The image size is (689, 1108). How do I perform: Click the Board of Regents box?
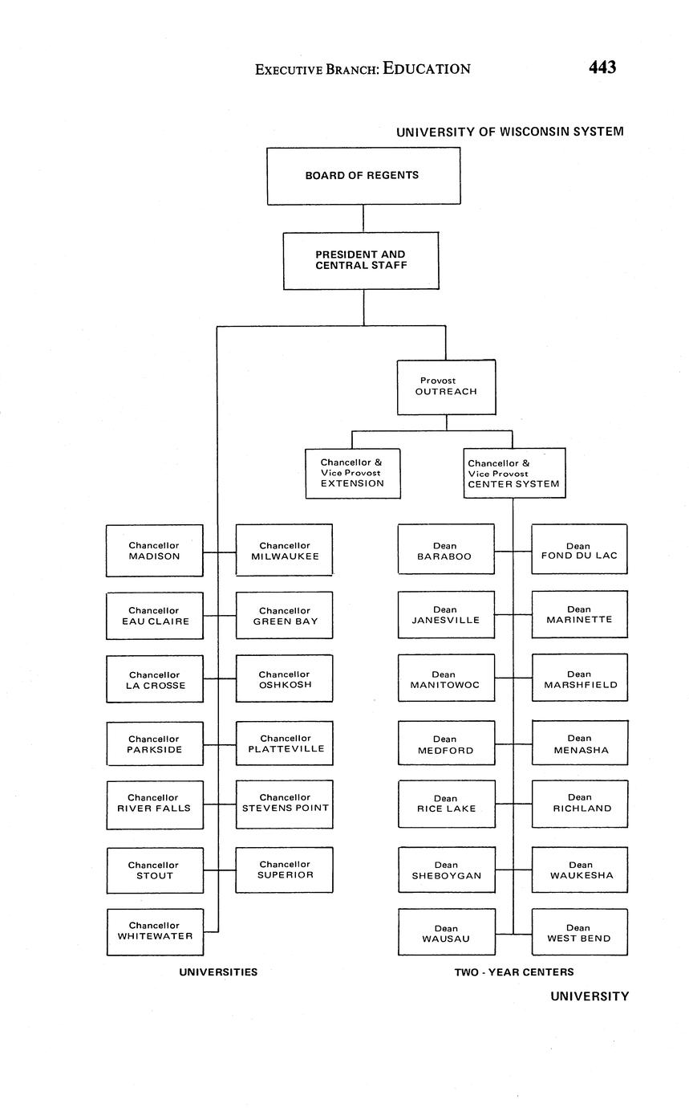pyautogui.click(x=363, y=176)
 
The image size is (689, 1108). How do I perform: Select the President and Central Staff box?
pyautogui.click(x=361, y=260)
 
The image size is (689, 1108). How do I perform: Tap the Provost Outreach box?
pyautogui.click(x=446, y=387)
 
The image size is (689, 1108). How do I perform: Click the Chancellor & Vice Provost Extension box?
pyautogui.click(x=353, y=474)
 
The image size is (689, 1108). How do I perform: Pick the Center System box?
pyautogui.click(x=514, y=474)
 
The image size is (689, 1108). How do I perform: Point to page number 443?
pyautogui.click(x=602, y=68)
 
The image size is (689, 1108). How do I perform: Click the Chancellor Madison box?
pyautogui.click(x=155, y=551)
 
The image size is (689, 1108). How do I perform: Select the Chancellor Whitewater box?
pyautogui.click(x=155, y=931)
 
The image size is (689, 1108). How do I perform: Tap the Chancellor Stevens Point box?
pyautogui.click(x=284, y=804)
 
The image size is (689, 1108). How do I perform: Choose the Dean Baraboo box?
pyautogui.click(x=446, y=550)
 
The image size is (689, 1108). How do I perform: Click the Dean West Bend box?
pyautogui.click(x=579, y=933)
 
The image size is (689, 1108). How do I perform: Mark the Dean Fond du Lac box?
pyautogui.click(x=579, y=550)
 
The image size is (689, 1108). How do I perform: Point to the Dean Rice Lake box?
pyautogui.click(x=446, y=805)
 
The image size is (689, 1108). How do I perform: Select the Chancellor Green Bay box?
pyautogui.click(x=284, y=616)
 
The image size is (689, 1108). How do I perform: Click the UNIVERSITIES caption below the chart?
pyautogui.click(x=218, y=972)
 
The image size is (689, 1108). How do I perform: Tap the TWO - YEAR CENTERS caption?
pyautogui.click(x=514, y=972)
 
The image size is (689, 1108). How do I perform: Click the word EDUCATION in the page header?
pyautogui.click(x=427, y=69)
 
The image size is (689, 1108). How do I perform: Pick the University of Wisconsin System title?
pyautogui.click(x=509, y=132)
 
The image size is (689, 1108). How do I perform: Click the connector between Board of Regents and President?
pyautogui.click(x=363, y=218)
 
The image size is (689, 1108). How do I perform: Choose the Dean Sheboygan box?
pyautogui.click(x=446, y=870)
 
